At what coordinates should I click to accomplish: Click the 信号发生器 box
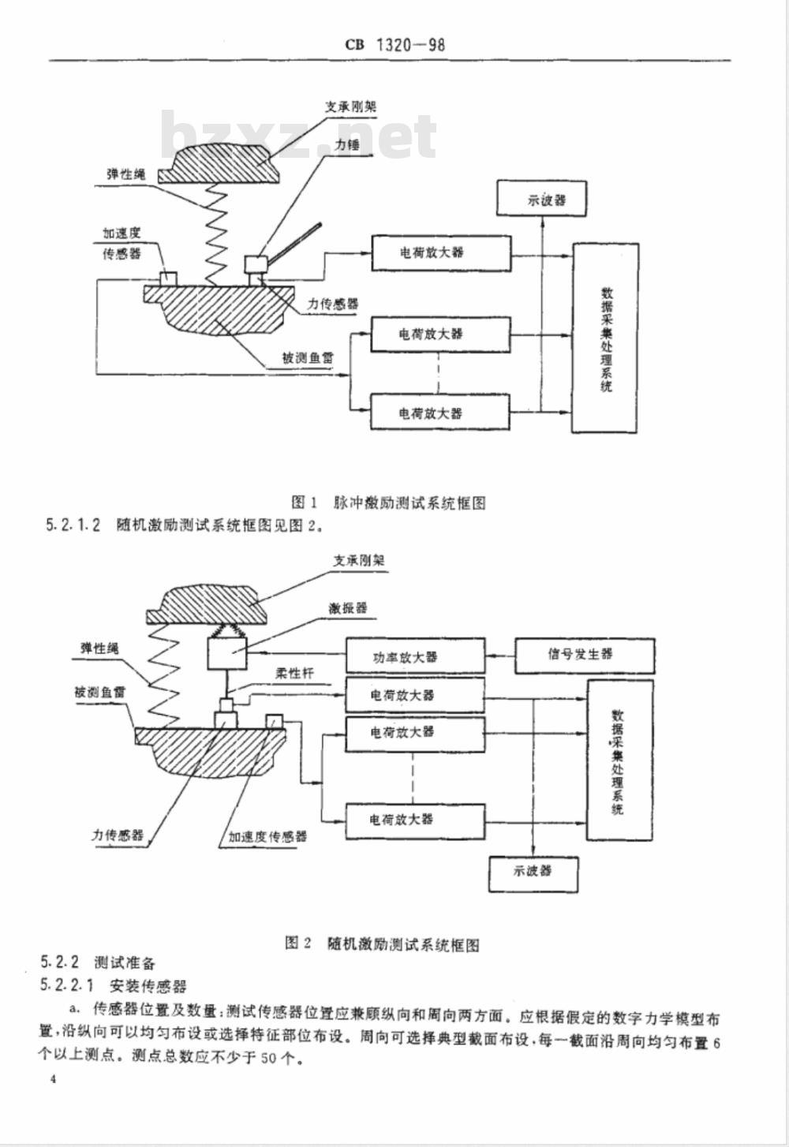584,655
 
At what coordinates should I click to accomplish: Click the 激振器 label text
348,608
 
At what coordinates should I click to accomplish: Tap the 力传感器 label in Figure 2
118,835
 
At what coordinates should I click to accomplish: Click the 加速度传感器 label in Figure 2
267,836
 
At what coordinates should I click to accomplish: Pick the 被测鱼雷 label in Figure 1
308,358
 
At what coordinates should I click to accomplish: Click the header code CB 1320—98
394,45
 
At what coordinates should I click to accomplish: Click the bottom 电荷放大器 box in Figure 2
415,820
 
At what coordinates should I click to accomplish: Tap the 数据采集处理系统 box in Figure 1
605,338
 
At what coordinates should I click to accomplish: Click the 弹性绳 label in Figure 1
125,174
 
